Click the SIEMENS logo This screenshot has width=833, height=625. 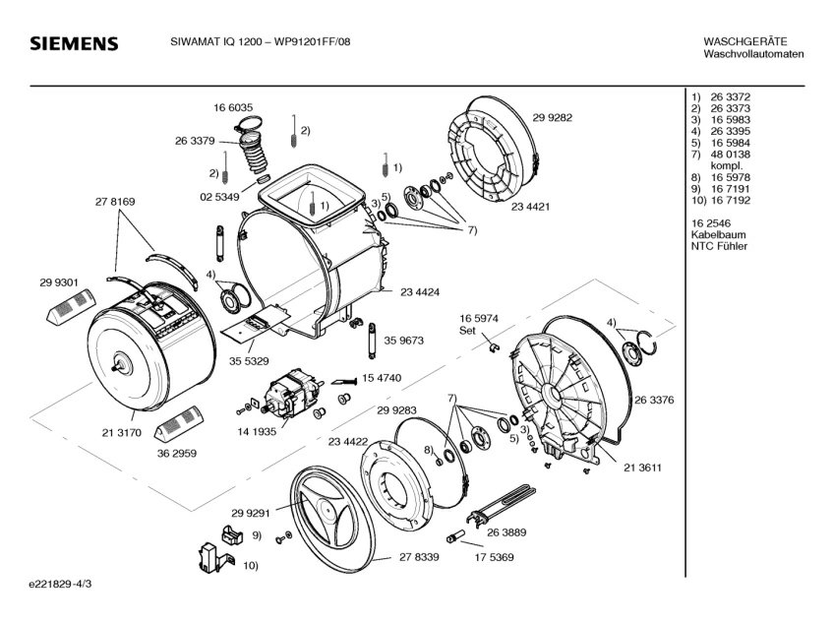coord(74,43)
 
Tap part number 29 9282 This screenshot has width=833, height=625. coord(553,117)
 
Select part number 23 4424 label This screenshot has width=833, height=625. coord(420,291)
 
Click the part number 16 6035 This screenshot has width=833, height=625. coord(233,108)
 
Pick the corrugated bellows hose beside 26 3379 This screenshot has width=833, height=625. coord(254,154)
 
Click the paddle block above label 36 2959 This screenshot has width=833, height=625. coord(177,423)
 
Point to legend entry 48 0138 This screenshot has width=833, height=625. coord(730,155)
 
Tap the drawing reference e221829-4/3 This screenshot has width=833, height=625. coord(61,584)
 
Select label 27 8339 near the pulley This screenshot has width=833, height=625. coord(419,556)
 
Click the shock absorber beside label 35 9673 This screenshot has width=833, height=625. coord(371,341)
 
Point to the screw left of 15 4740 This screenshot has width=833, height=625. coord(344,381)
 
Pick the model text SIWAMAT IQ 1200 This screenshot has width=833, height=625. coord(215,41)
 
